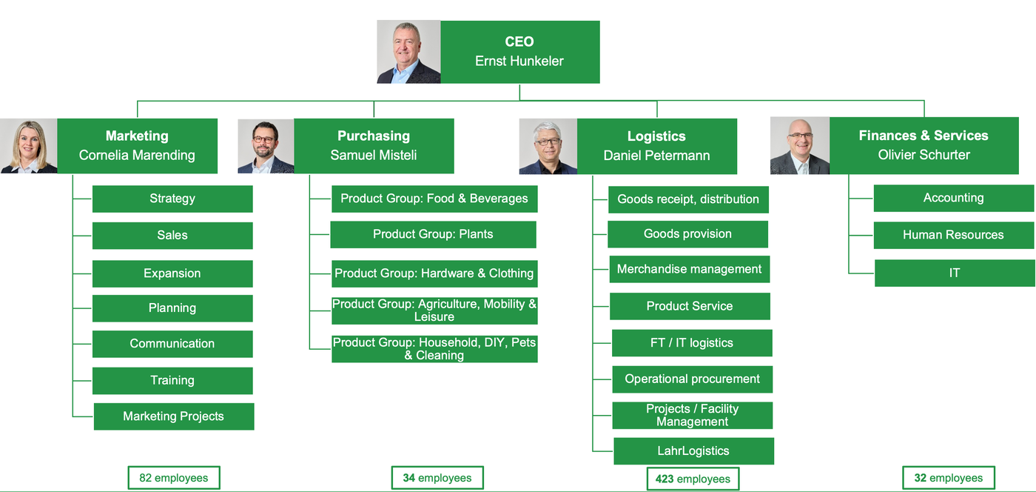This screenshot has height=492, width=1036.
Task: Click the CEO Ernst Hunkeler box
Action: tap(519, 52)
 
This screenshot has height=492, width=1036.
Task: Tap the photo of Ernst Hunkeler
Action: tap(408, 52)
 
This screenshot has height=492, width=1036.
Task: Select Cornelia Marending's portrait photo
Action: tap(29, 146)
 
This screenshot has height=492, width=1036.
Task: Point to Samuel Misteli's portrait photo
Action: tap(266, 147)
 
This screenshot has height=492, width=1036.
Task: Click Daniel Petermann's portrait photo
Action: tap(548, 147)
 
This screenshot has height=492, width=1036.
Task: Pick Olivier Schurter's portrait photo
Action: tap(800, 145)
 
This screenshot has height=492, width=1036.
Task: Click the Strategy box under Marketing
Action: tap(172, 199)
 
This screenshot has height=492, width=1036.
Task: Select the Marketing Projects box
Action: tap(174, 416)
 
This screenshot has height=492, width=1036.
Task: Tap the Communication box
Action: tap(172, 344)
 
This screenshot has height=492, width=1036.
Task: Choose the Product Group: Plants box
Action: tap(434, 234)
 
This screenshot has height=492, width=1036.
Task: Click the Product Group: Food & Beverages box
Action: tap(435, 199)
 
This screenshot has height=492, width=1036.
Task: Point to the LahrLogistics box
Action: tap(694, 451)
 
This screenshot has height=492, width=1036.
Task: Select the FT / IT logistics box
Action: tap(692, 343)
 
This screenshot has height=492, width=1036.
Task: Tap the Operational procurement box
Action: tap(693, 379)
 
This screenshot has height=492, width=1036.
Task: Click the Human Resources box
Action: tap(954, 236)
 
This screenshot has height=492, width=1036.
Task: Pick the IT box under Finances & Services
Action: tap(955, 273)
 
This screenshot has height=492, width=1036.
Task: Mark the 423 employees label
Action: tap(693, 479)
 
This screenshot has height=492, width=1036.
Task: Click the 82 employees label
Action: tap(174, 478)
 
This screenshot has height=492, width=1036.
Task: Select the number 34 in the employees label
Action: tap(408, 478)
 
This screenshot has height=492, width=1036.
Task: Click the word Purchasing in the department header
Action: tap(374, 136)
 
